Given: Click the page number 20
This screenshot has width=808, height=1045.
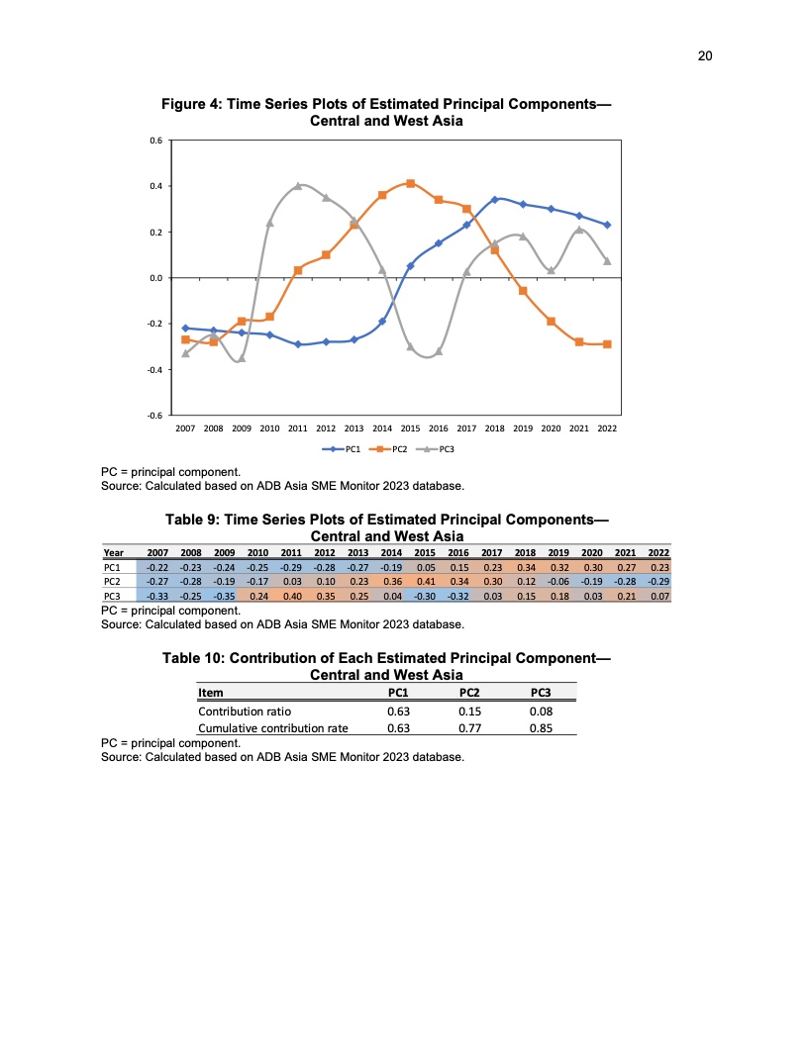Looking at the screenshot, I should [x=705, y=55].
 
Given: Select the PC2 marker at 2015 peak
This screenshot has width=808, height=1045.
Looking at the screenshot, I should [x=410, y=184].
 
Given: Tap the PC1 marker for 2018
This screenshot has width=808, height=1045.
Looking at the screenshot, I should [x=494, y=200].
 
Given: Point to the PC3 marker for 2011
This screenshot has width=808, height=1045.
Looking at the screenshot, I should [x=298, y=186].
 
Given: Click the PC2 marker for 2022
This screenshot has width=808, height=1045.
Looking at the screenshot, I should [x=607, y=344].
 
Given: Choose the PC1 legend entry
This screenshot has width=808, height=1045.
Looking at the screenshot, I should [x=341, y=449].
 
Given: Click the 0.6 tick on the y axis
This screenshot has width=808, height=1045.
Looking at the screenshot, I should [x=156, y=141].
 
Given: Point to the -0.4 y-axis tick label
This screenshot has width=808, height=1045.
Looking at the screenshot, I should [x=155, y=370].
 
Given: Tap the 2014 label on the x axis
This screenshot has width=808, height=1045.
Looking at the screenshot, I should [x=382, y=430].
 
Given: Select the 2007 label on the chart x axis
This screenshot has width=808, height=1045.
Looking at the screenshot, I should [x=185, y=430].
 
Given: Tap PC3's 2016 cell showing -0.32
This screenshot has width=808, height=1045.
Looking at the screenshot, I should [x=458, y=597].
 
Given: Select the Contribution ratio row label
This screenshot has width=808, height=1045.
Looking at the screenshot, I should [x=245, y=711].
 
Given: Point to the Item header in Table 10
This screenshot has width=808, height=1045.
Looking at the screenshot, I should [x=210, y=693].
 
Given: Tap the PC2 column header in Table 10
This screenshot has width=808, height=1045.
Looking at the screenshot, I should [x=469, y=693].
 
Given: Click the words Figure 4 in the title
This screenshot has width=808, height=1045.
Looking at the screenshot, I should [x=197, y=105].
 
